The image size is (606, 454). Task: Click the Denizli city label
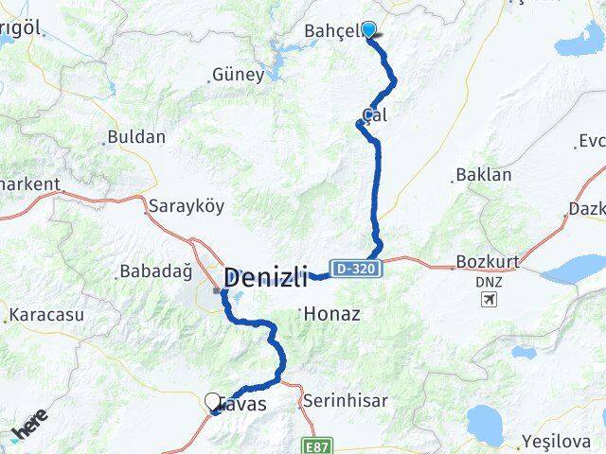(266, 278)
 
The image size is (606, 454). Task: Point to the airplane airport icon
(489, 300)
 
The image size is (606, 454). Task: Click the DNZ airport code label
(484, 281)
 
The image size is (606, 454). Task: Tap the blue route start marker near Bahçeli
(368, 29)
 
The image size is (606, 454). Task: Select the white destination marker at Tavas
(211, 401)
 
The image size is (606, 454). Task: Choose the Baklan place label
(484, 175)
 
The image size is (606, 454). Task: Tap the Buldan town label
(136, 136)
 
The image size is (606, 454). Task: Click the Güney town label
(238, 74)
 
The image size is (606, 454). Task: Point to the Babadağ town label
(154, 272)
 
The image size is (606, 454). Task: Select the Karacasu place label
(45, 313)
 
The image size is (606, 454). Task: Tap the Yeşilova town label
(560, 441)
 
